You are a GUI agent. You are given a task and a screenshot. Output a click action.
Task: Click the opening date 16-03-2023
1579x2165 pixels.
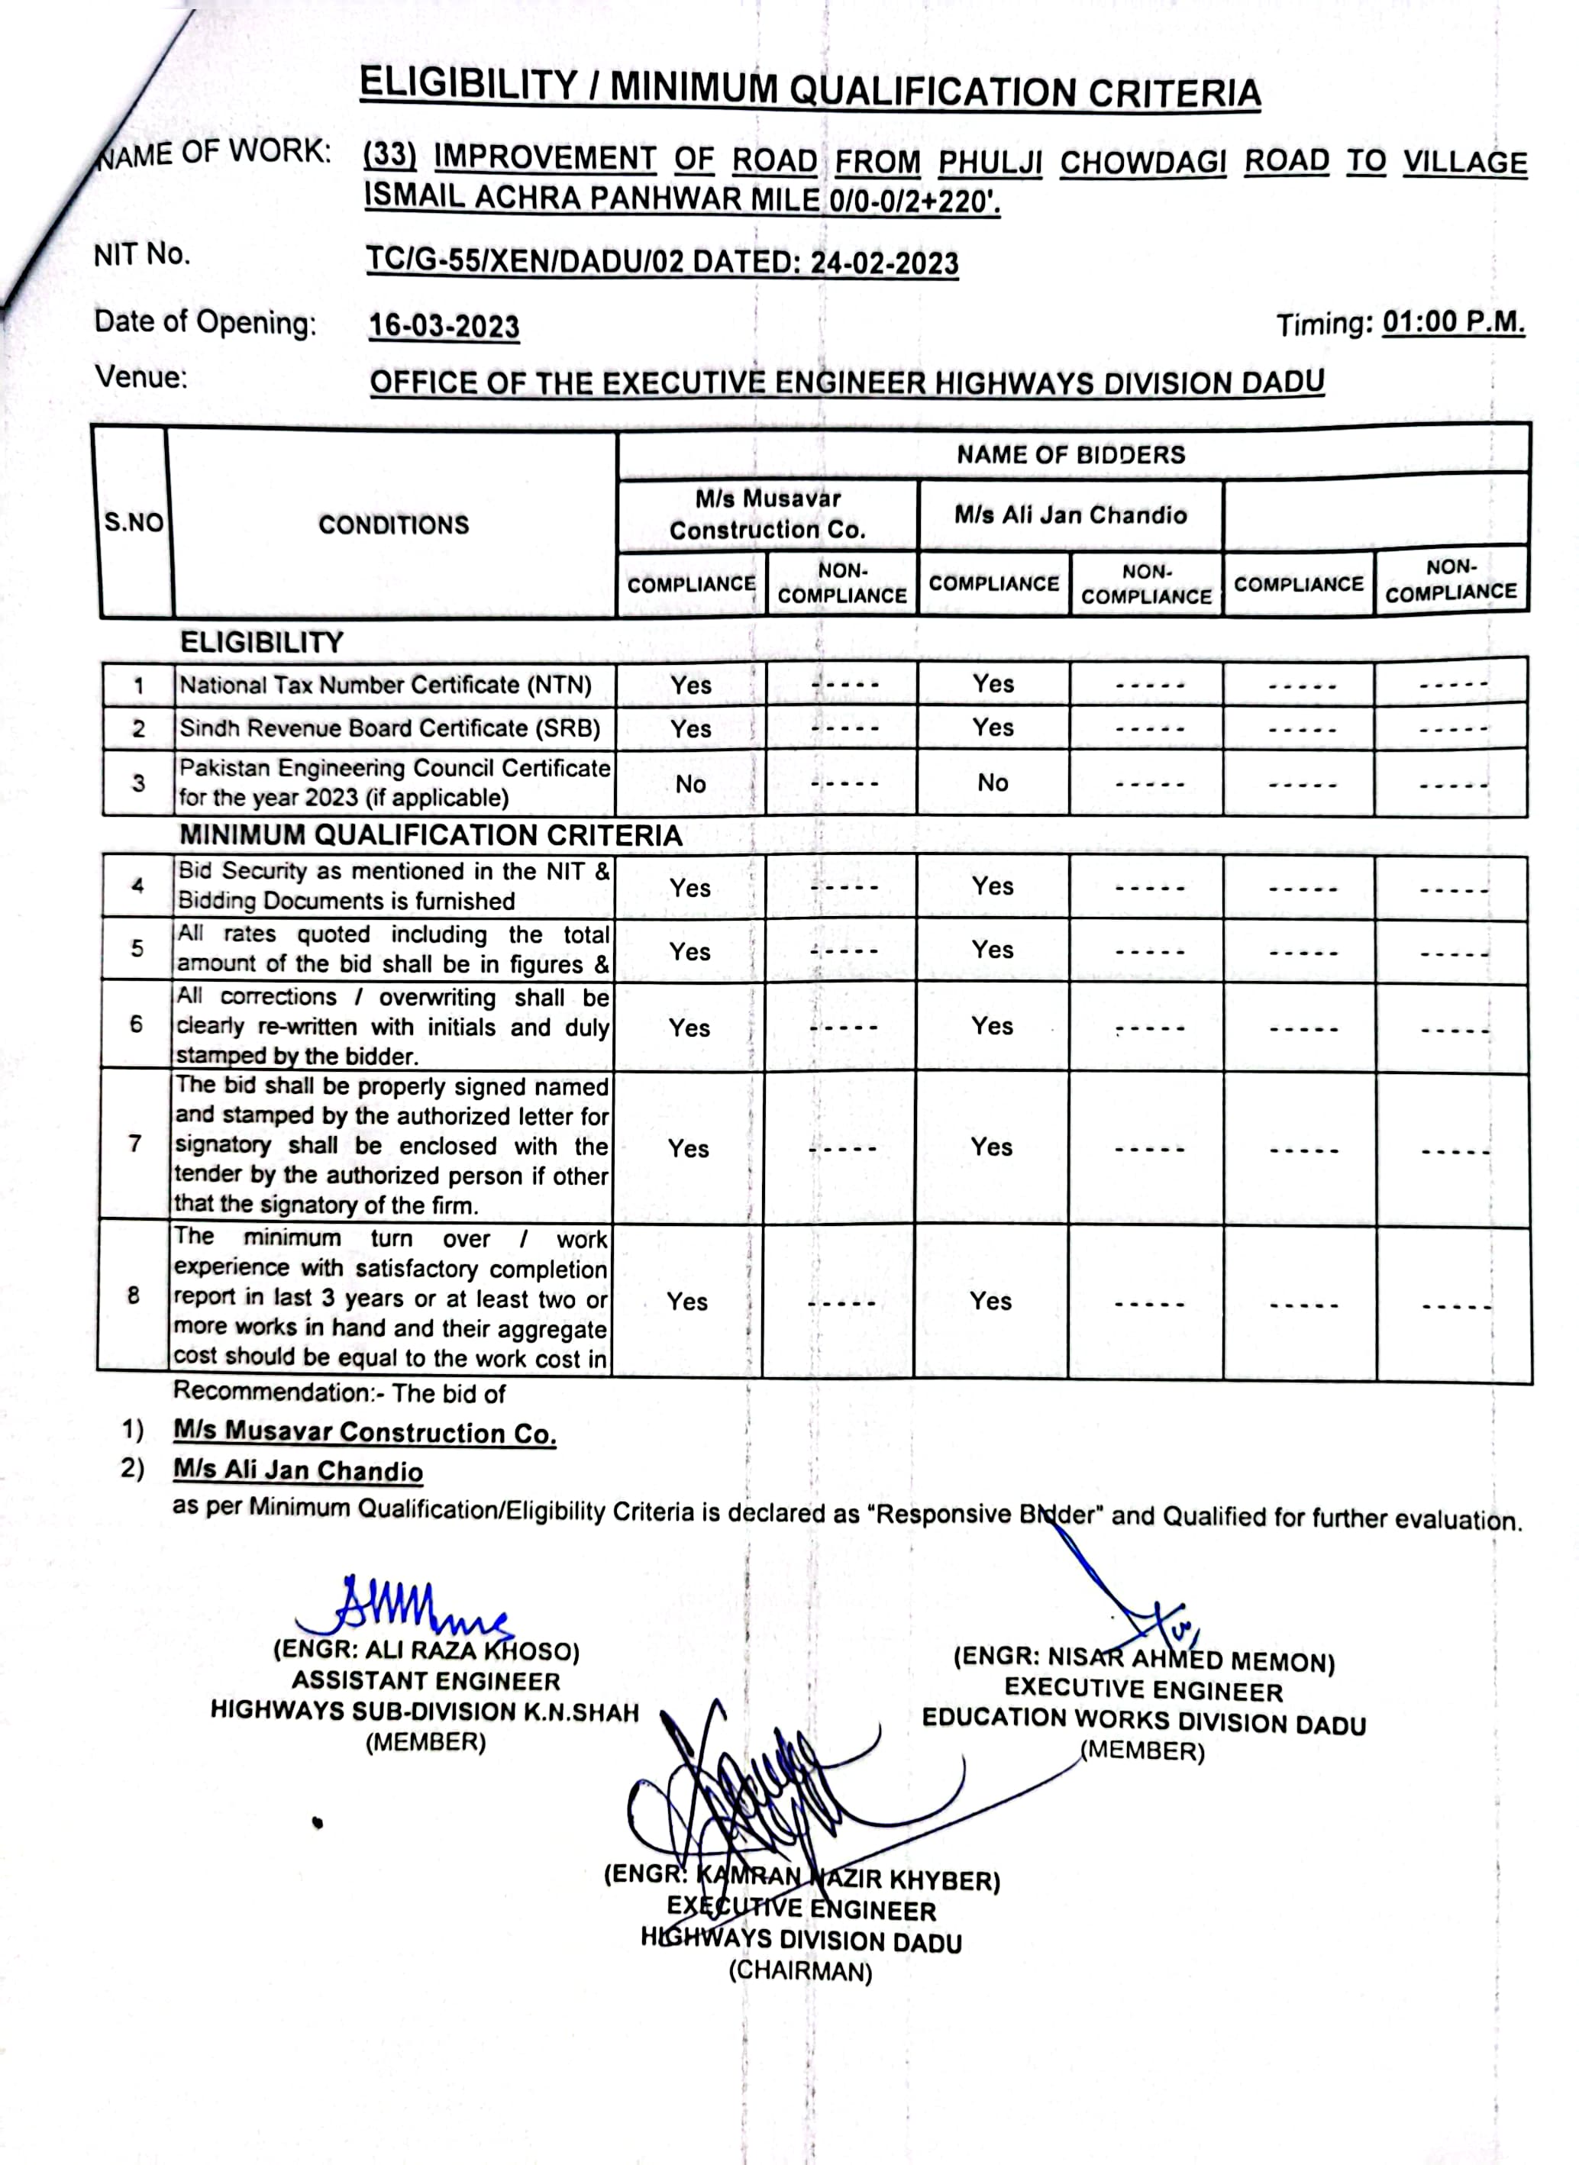[444, 327]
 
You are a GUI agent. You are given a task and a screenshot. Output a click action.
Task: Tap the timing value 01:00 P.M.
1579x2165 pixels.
[1453, 322]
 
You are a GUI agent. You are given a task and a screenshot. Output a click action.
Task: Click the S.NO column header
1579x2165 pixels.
[134, 523]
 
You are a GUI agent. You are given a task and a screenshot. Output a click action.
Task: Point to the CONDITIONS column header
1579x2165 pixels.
[394, 524]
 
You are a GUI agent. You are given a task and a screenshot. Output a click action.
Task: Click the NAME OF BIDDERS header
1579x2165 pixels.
[1070, 455]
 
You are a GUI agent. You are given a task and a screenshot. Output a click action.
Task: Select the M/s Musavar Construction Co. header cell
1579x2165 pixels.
[767, 514]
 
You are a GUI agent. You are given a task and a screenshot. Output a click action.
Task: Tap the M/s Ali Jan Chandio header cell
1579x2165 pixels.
[1070, 515]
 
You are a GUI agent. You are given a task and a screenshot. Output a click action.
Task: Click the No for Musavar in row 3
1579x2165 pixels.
[690, 783]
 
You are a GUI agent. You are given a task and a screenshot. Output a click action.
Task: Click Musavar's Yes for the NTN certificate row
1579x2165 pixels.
[690, 685]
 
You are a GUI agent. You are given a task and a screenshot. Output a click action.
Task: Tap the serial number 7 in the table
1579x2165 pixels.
[135, 1144]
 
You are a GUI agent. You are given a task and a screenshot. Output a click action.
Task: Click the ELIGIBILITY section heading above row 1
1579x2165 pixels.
[261, 642]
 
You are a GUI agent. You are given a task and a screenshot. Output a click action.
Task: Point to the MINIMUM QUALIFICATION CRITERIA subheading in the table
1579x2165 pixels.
[430, 835]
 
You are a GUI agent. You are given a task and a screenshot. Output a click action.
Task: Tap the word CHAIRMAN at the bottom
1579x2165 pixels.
[801, 1971]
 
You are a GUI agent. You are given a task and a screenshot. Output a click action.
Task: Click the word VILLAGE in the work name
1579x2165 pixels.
[1464, 163]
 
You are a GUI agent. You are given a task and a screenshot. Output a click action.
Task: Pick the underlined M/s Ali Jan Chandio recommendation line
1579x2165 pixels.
[297, 1470]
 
